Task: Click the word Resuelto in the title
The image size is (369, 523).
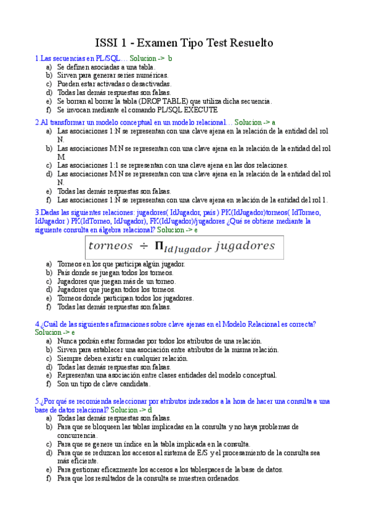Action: coord(251,43)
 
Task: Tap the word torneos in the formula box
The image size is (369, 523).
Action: coord(112,246)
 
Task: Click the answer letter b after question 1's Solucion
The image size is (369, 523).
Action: coord(170,58)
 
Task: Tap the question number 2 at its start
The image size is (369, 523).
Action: coord(37,122)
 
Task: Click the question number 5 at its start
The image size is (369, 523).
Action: coord(37,401)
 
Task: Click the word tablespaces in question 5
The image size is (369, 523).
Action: coord(202,469)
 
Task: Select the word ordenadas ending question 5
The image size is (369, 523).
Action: coord(222,478)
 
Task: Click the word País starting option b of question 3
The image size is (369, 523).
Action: coord(63,273)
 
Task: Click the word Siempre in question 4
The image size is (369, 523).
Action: coord(70,358)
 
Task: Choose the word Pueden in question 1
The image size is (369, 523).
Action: coord(68,84)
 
